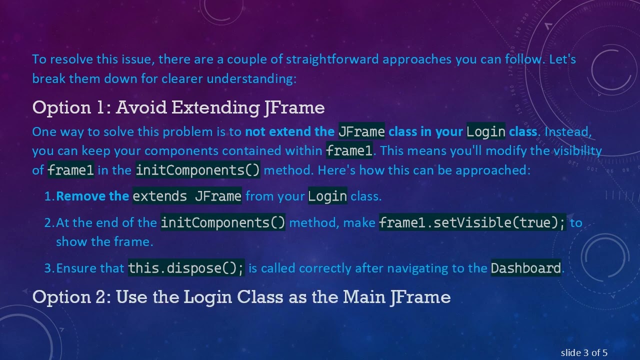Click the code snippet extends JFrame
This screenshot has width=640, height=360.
[x=187, y=196]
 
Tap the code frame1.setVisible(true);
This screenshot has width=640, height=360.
[x=472, y=222]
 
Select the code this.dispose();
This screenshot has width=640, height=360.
[x=186, y=268]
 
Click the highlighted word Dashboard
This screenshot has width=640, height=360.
[x=526, y=268]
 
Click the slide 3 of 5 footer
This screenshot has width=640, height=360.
[x=584, y=353]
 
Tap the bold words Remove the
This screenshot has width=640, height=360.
[x=92, y=196]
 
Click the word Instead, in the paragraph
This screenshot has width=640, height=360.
[x=568, y=131]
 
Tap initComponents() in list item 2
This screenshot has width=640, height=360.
[x=223, y=222]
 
